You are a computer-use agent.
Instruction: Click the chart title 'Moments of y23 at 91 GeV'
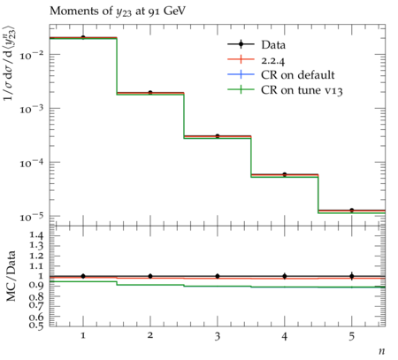pos(118,11)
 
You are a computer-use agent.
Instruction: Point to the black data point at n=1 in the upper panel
pos(83,37)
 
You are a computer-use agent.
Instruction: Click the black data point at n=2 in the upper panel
pos(150,93)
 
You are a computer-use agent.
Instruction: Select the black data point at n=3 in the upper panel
pos(218,136)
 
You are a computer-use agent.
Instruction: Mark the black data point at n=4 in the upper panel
pos(285,174)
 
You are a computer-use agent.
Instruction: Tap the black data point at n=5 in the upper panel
pos(352,211)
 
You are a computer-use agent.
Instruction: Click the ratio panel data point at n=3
pos(218,276)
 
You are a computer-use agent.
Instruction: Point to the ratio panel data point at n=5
pos(352,276)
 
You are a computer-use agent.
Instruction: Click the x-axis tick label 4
pos(285,336)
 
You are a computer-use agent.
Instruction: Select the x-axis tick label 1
pos(83,336)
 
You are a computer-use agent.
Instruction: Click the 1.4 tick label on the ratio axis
pos(36,235)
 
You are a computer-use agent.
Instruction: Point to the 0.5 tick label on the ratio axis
pos(36,325)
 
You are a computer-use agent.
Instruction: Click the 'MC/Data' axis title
pos(11,276)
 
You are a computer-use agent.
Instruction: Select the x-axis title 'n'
pos(382,351)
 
